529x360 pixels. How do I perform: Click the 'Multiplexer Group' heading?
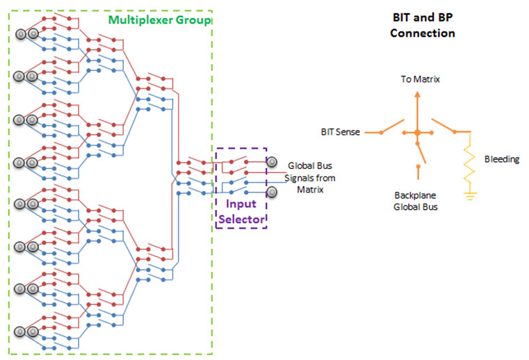click(x=160, y=20)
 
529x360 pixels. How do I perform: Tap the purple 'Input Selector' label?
click(x=240, y=211)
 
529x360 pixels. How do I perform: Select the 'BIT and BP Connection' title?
click(x=423, y=26)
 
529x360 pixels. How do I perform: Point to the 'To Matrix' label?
click(x=419, y=80)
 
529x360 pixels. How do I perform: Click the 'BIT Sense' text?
click(x=339, y=131)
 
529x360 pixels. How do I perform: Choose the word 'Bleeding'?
click(x=502, y=159)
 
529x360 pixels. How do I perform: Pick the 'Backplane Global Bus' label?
click(x=416, y=201)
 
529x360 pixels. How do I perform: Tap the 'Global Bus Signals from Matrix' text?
click(x=310, y=177)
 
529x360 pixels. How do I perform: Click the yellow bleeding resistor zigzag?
click(x=470, y=163)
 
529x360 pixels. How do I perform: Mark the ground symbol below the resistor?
click(x=470, y=196)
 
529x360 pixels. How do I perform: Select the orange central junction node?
click(x=417, y=132)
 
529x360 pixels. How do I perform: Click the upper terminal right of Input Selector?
click(x=272, y=162)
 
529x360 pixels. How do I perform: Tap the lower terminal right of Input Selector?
click(x=272, y=192)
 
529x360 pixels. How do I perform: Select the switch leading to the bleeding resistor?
click(x=442, y=125)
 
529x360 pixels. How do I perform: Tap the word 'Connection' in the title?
click(x=423, y=33)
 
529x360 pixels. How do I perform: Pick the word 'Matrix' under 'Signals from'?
click(x=310, y=188)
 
